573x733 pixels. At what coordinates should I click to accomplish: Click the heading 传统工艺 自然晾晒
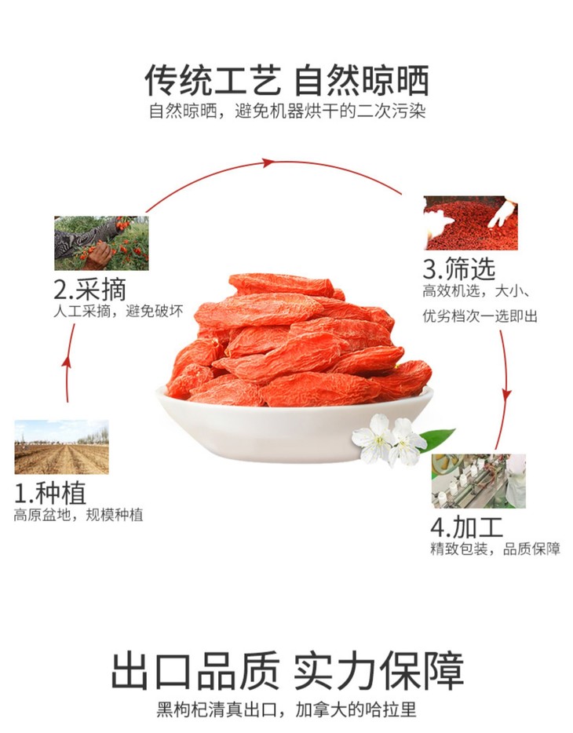(286, 80)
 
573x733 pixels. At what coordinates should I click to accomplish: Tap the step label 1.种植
(50, 493)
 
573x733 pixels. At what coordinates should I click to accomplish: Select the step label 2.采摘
(90, 289)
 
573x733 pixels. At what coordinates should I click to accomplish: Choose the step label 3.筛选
(459, 268)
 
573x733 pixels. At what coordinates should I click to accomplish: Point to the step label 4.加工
(466, 527)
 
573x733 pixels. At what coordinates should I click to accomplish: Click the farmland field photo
(62, 447)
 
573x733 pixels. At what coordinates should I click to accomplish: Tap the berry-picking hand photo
(101, 243)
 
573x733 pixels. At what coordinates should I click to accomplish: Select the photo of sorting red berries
(471, 223)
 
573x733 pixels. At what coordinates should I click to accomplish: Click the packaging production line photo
(479, 481)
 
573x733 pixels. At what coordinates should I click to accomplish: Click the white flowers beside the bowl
(389, 440)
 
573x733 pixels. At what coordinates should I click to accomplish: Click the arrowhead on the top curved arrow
(268, 162)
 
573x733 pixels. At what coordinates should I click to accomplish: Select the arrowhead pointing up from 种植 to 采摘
(67, 363)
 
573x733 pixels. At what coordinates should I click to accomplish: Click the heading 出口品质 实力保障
(287, 671)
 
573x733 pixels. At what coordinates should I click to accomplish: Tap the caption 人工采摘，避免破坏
(119, 312)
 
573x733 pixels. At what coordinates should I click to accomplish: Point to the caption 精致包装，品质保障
(495, 549)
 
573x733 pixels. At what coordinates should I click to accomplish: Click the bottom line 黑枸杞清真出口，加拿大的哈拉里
(286, 709)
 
